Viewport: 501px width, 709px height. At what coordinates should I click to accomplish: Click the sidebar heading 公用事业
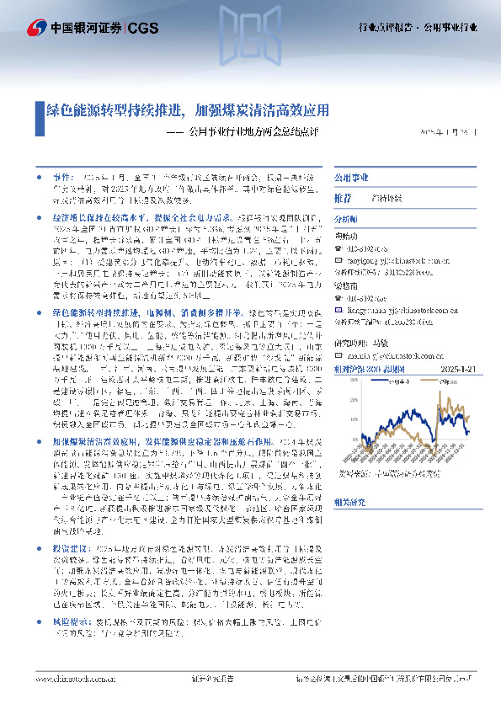coord(348,179)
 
